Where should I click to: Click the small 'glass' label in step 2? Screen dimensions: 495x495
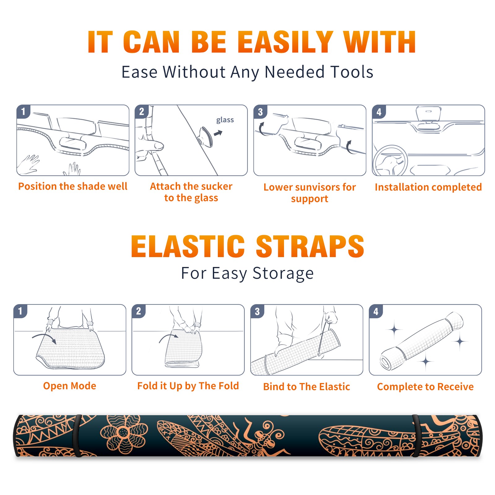pos(225,120)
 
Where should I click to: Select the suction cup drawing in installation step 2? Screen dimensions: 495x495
pos(205,136)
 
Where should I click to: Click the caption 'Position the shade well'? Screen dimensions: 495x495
pos(73,186)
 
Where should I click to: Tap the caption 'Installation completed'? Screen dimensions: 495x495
pos(428,187)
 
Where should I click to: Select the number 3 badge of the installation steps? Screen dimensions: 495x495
pos(260,112)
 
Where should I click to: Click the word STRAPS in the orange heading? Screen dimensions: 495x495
pos(310,246)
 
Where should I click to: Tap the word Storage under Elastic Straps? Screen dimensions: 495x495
pos(283,273)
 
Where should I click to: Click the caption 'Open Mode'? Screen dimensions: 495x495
pos(70,386)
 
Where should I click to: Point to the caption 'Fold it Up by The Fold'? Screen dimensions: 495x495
pos(188,386)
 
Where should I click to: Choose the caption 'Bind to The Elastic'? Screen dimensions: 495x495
pos(307,387)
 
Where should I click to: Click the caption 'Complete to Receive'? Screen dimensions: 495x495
pos(425,387)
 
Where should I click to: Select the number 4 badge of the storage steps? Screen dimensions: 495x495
pos(376,311)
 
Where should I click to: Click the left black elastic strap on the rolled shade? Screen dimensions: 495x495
pos(77,436)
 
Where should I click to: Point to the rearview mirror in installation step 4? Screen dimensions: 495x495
pos(428,114)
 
